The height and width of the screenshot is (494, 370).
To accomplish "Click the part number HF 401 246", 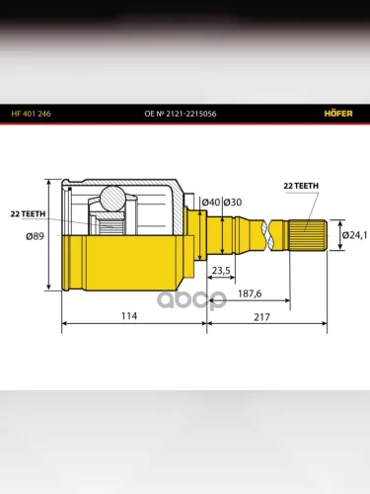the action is tap(31, 114).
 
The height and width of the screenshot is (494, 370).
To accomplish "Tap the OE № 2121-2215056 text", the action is tap(181, 114).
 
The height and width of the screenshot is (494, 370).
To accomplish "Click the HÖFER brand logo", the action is tap(338, 114).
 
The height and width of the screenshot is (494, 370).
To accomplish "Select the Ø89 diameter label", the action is tap(35, 236).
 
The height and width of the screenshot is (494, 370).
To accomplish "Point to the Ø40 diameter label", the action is tap(211, 202).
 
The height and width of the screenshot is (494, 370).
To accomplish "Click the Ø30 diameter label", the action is tap(233, 202).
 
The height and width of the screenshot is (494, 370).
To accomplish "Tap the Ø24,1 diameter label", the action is tap(354, 235).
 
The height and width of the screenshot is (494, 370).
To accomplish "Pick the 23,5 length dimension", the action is tap(221, 271).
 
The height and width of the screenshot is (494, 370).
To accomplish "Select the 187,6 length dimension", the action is tap(250, 293).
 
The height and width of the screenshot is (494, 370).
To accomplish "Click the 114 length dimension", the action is tap(129, 316).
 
